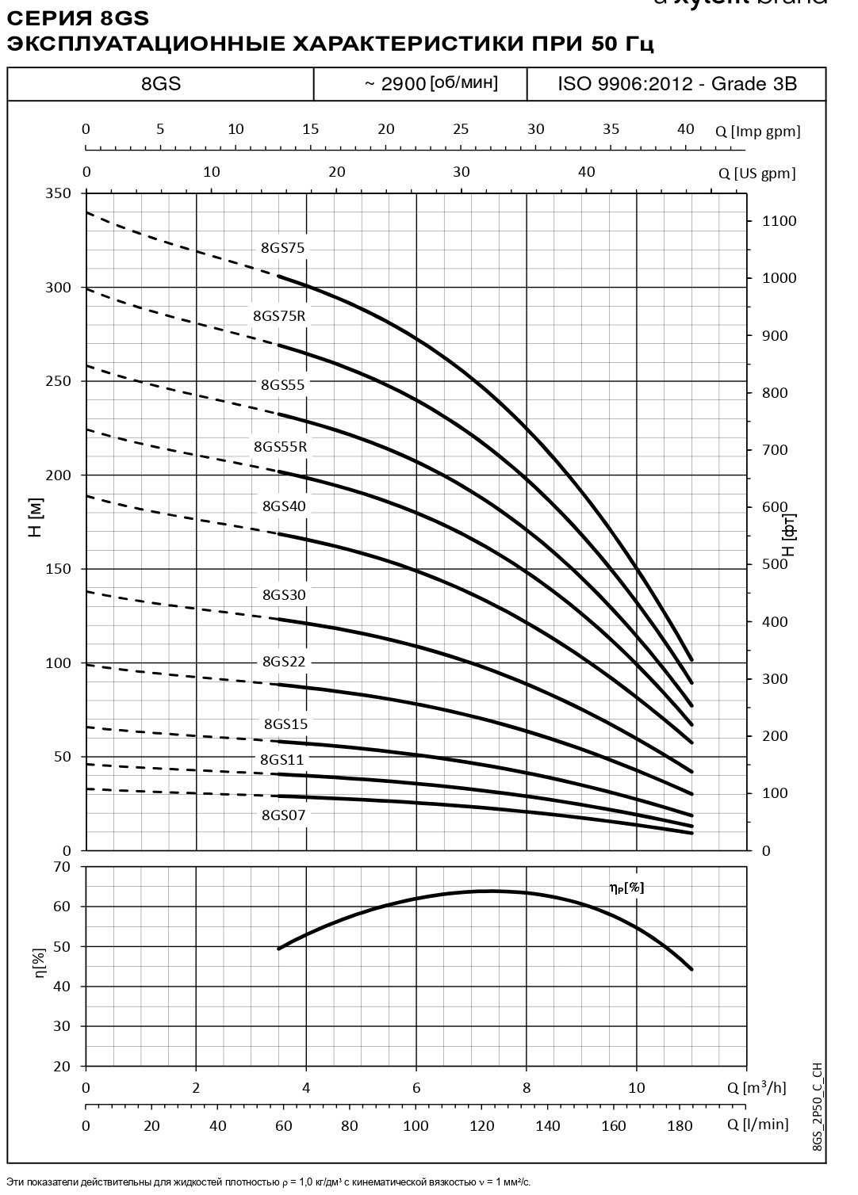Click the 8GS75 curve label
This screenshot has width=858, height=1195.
pos(282,248)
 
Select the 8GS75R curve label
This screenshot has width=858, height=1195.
pos(279,316)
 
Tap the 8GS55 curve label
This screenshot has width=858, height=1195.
pos(282,385)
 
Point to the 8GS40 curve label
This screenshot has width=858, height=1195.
pos(283,506)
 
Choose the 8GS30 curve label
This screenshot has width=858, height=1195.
pos(283,595)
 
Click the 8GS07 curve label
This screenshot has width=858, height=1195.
pos(283,815)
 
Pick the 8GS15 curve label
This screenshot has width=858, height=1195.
pos(285,724)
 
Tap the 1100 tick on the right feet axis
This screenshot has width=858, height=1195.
pos(779,221)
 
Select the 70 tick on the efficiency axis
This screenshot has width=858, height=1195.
pos(63,866)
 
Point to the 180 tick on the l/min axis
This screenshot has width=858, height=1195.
pos(680,1125)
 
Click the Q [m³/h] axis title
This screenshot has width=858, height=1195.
pos(756,1087)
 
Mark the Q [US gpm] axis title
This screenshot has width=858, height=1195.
pos(756,174)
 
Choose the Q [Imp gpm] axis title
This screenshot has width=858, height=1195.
pos(758,132)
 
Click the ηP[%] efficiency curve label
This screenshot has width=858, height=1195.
pos(626,888)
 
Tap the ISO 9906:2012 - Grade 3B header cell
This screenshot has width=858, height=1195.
pos(676,84)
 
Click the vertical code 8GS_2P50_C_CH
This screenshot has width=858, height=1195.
pos(818,1109)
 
